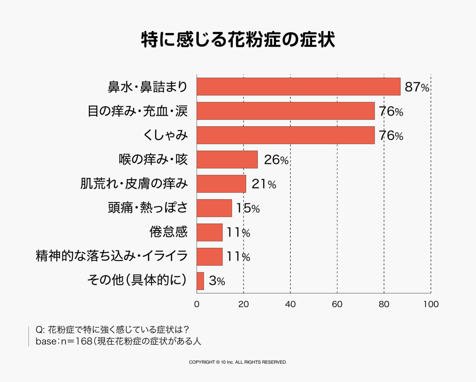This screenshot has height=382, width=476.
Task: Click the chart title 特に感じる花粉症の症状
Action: [238, 40]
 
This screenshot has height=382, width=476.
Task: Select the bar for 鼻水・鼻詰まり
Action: [298, 86]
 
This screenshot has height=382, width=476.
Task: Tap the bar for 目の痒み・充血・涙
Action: [286, 111]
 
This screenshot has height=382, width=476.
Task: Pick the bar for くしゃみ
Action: [286, 135]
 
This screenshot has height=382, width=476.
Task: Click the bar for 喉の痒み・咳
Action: [227, 159]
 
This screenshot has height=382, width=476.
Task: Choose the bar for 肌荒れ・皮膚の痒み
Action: [221, 184]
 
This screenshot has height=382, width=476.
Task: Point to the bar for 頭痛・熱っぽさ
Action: [214, 208]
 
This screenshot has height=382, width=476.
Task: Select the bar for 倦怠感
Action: [209, 232]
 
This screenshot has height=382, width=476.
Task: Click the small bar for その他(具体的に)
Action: [200, 281]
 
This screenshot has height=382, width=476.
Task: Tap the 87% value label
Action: [417, 87]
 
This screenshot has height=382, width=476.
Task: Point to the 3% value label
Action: [217, 282]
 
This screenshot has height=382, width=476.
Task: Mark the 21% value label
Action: [263, 184]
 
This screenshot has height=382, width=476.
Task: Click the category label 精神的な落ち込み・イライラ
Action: [111, 257]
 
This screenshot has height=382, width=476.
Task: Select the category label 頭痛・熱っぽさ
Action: [147, 208]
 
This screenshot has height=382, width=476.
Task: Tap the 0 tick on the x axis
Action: [197, 305]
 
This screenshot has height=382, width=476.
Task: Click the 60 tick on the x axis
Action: [337, 305]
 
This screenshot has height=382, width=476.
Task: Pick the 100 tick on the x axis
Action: [431, 305]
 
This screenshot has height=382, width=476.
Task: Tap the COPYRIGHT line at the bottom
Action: [238, 362]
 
